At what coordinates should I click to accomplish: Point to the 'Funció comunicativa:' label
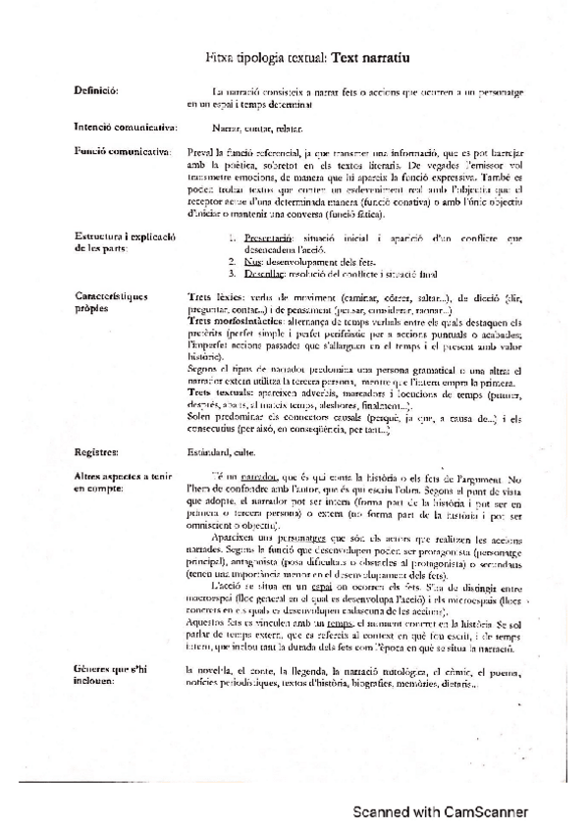(x=120, y=152)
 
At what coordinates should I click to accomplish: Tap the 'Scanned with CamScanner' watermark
(x=441, y=810)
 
